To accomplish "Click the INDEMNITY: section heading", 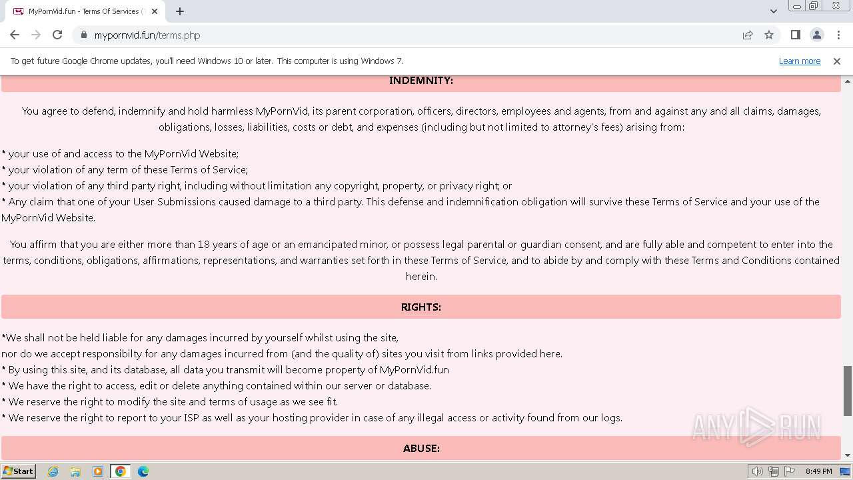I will [421, 81].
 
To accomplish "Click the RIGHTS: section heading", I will [421, 307].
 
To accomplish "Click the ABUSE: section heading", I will [421, 449].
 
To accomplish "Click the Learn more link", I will [799, 61].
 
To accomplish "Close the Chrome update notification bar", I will [836, 61].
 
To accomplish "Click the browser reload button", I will [57, 35].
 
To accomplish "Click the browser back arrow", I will [15, 35].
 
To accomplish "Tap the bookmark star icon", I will [769, 35].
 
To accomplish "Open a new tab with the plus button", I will [180, 11].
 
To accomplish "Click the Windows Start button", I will [19, 471].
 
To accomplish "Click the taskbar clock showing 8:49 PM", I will [818, 471].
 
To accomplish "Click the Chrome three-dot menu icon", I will [838, 35].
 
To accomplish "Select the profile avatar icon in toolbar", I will [816, 35].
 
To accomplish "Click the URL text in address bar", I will [147, 35].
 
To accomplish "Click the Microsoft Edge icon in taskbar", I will [143, 471].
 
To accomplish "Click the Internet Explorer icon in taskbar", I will [53, 471].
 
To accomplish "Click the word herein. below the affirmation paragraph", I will [421, 277].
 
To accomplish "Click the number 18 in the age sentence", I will [204, 245].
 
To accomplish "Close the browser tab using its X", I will [155, 11].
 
